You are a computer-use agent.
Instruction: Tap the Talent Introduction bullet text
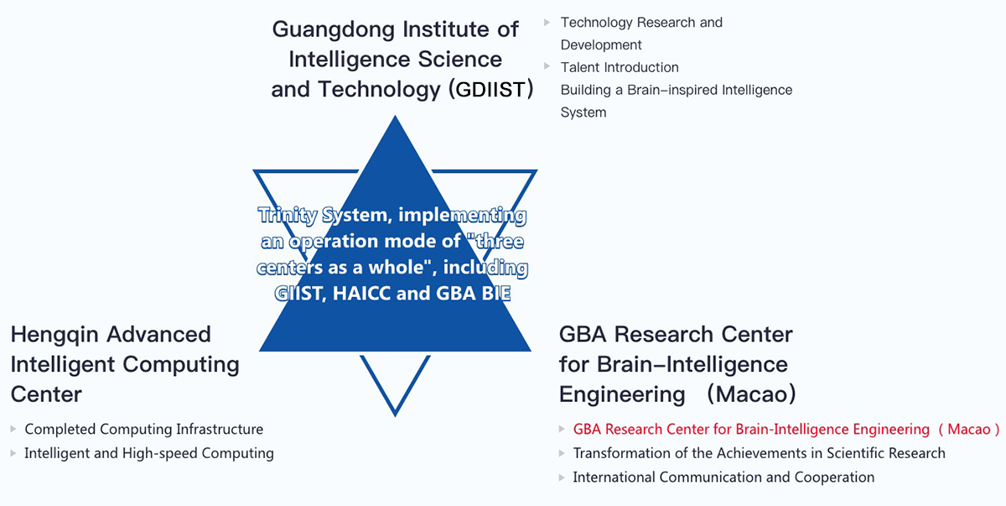coord(620,67)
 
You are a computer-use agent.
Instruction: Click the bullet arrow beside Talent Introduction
coord(547,66)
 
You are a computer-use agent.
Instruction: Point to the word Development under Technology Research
coord(601,45)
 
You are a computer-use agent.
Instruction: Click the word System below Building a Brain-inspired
coord(583,112)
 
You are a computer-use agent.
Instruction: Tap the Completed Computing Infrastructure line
coord(143,429)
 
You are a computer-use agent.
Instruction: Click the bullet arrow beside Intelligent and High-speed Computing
coord(13,453)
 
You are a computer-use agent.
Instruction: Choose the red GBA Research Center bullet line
coord(786,429)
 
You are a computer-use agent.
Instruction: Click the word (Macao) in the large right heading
coord(752,394)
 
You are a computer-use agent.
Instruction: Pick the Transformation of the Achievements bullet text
coord(759,453)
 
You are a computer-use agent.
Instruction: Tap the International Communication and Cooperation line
coord(723,477)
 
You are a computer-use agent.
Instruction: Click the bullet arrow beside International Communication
coord(562,477)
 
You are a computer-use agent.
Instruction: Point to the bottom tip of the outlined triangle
coord(395,416)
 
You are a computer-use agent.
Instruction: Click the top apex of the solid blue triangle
coord(395,116)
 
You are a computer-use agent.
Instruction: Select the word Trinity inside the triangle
coord(288,215)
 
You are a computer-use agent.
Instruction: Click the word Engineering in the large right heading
coord(622,395)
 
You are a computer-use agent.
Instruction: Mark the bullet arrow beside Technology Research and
coord(547,22)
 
